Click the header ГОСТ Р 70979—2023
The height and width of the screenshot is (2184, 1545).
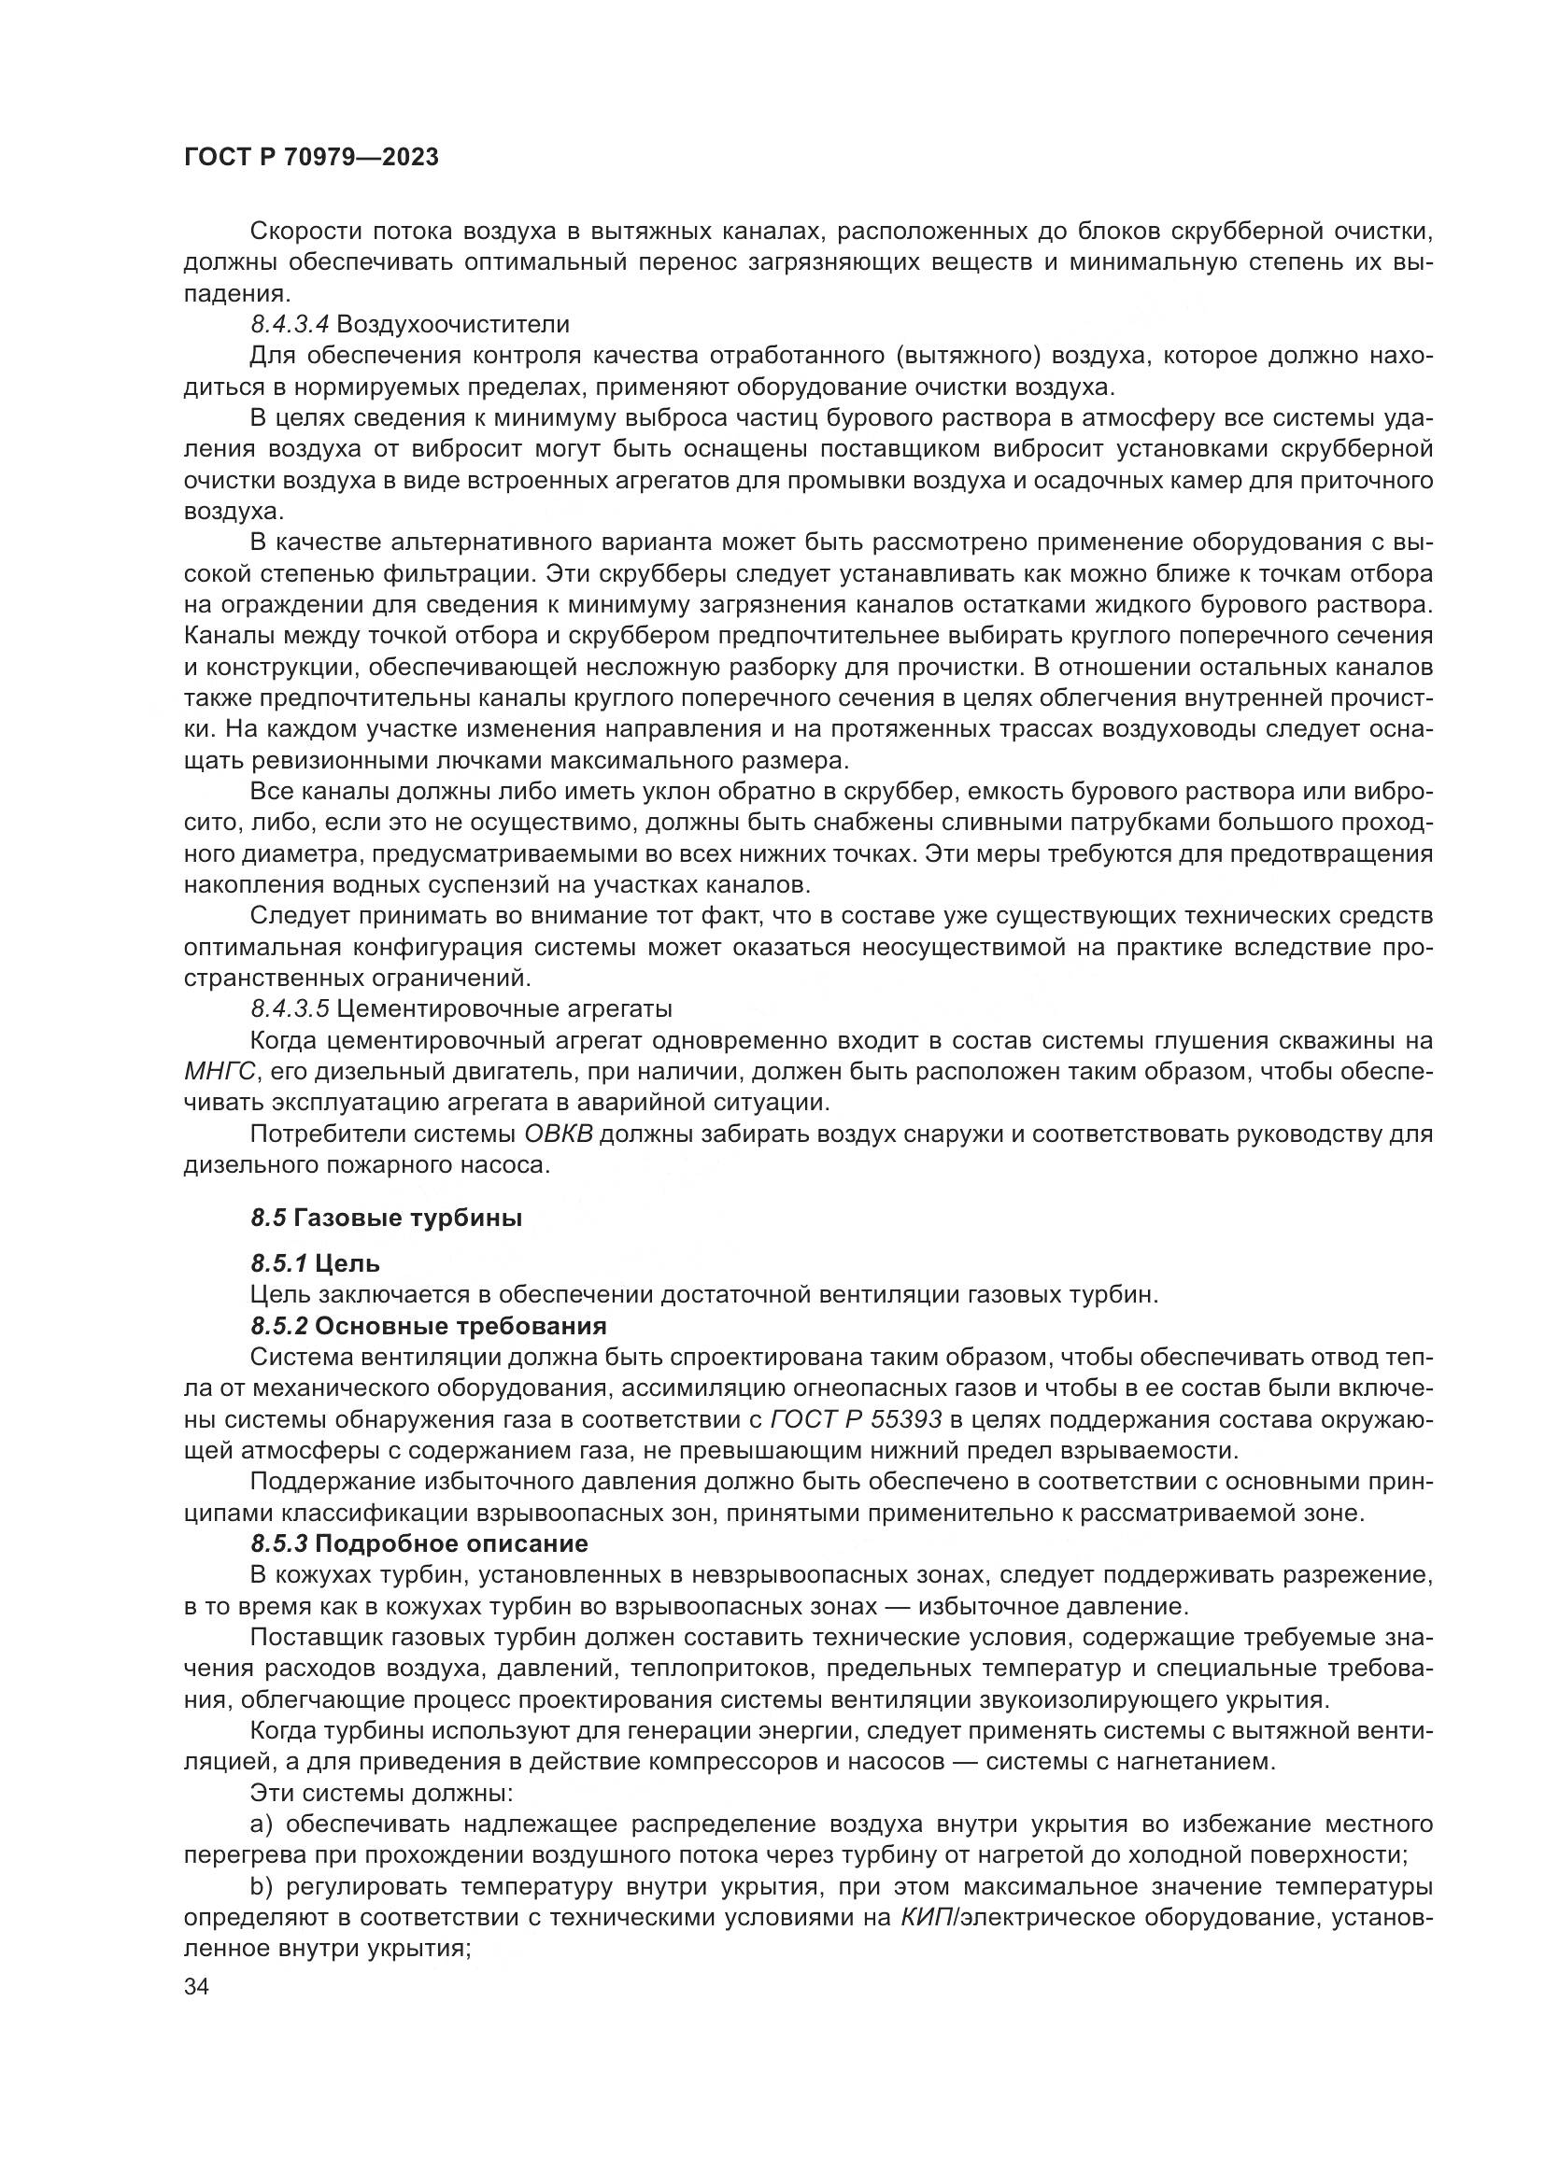(311, 157)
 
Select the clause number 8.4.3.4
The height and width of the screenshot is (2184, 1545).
(291, 324)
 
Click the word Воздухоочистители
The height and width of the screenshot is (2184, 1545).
(453, 324)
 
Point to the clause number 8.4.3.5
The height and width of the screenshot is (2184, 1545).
(291, 1007)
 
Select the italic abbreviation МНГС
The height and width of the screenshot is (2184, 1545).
(220, 1071)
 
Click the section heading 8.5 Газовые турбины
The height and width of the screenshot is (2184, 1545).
(387, 1218)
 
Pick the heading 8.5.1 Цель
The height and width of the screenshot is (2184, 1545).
(315, 1263)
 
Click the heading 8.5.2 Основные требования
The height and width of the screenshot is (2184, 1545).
(428, 1326)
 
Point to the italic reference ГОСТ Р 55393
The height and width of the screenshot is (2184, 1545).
(856, 1419)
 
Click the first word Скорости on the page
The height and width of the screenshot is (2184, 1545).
(305, 232)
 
